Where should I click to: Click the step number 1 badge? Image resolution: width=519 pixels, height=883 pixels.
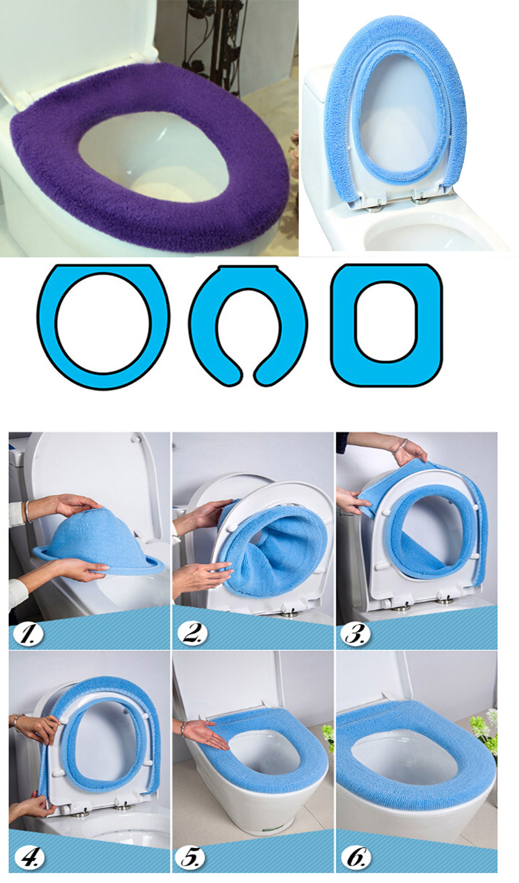click(x=28, y=635)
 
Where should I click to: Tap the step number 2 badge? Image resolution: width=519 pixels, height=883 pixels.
click(x=192, y=634)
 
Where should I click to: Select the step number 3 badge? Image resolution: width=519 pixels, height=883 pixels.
click(x=356, y=634)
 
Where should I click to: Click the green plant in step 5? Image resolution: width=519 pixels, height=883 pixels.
click(x=327, y=738)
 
